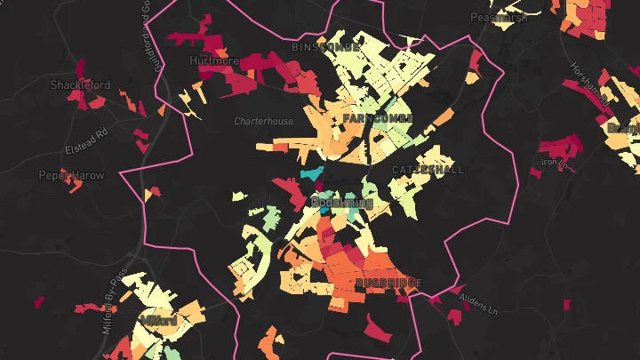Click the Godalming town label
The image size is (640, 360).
(341, 204)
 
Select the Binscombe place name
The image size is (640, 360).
(325, 45)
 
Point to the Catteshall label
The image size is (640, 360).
(428, 169)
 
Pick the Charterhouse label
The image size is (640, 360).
(263, 121)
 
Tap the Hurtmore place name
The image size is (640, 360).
(214, 61)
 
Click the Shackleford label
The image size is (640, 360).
(80, 85)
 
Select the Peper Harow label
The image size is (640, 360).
(71, 176)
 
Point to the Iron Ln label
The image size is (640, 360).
(553, 163)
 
